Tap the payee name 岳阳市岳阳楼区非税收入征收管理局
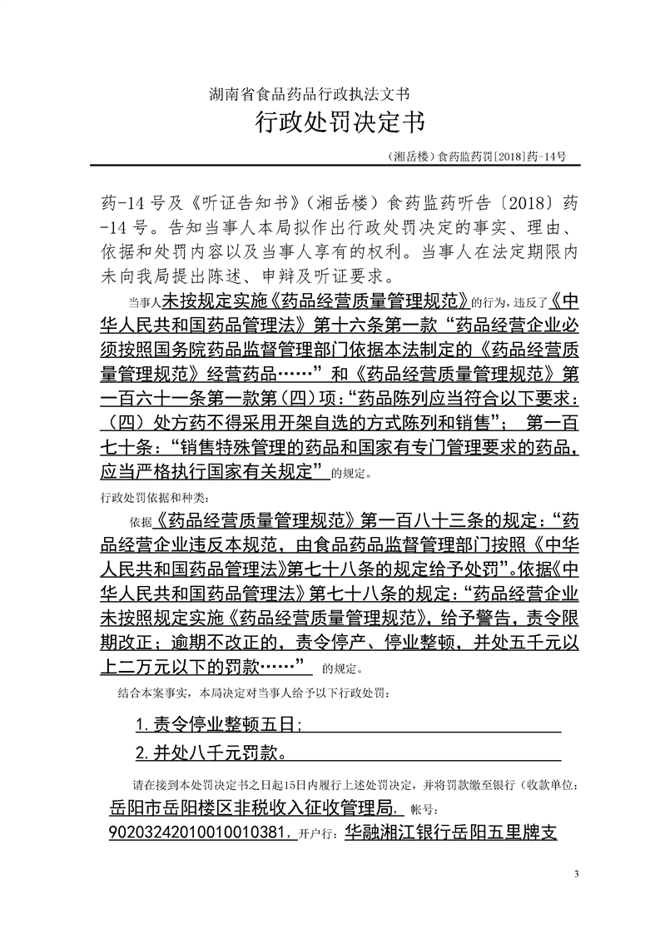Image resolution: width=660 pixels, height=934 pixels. tap(257, 807)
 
